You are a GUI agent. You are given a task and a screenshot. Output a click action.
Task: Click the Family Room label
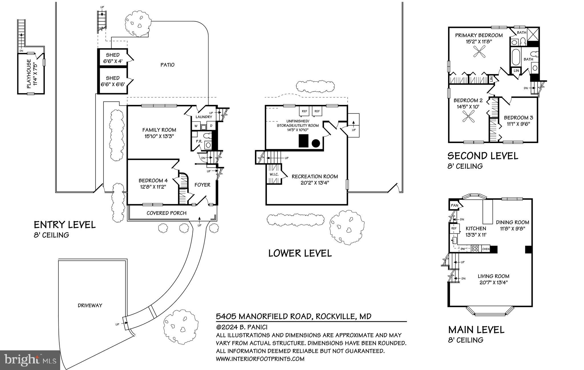coord(159,130)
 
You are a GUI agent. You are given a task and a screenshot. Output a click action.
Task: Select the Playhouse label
coord(29,74)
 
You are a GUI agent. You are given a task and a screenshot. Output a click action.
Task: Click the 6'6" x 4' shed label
coord(113,58)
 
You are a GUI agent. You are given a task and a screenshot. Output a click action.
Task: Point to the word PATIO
coord(167,65)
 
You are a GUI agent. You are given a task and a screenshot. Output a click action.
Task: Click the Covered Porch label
coord(167,213)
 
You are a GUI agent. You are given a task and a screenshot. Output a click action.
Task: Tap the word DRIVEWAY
coord(90,305)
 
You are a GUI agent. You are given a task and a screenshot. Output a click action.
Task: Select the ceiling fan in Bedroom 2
coord(468,117)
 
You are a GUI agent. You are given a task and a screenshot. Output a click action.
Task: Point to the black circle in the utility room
coord(315,143)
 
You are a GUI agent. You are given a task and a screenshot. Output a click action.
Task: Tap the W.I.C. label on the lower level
coord(274,174)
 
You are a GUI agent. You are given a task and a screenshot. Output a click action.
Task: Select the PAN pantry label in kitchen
coord(454,205)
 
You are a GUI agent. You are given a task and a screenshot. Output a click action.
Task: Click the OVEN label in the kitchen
coord(486,249)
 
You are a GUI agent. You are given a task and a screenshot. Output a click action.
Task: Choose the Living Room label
coord(493,276)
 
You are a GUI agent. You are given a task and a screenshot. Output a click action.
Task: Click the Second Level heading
coord(482,156)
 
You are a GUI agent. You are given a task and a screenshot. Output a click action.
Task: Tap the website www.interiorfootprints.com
coord(260,359)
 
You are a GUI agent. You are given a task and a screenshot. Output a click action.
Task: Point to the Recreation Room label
coord(315,177)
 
